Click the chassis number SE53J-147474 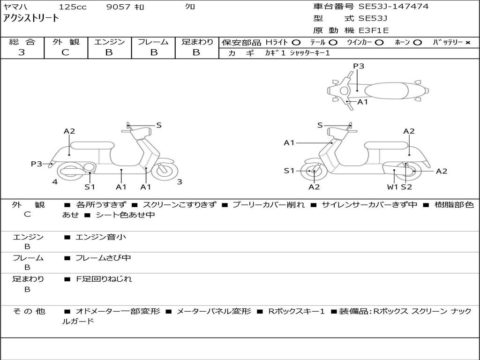coord(393,6)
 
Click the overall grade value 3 coord(22,52)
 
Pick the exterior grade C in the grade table coord(66,52)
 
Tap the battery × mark coord(467,43)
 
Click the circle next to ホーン coord(417,43)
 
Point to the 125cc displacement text coord(73,7)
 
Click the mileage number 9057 coord(118,7)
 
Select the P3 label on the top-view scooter coord(359,66)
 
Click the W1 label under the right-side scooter coord(392,187)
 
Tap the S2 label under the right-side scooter coord(406,187)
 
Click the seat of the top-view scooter coord(386,91)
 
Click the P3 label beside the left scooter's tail coord(37,164)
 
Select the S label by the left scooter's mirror coord(158,125)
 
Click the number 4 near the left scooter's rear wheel coord(55,182)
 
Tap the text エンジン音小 coord(101,237)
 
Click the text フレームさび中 coord(103,258)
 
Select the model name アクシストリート coord(30,18)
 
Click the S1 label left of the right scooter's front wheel coord(289,171)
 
